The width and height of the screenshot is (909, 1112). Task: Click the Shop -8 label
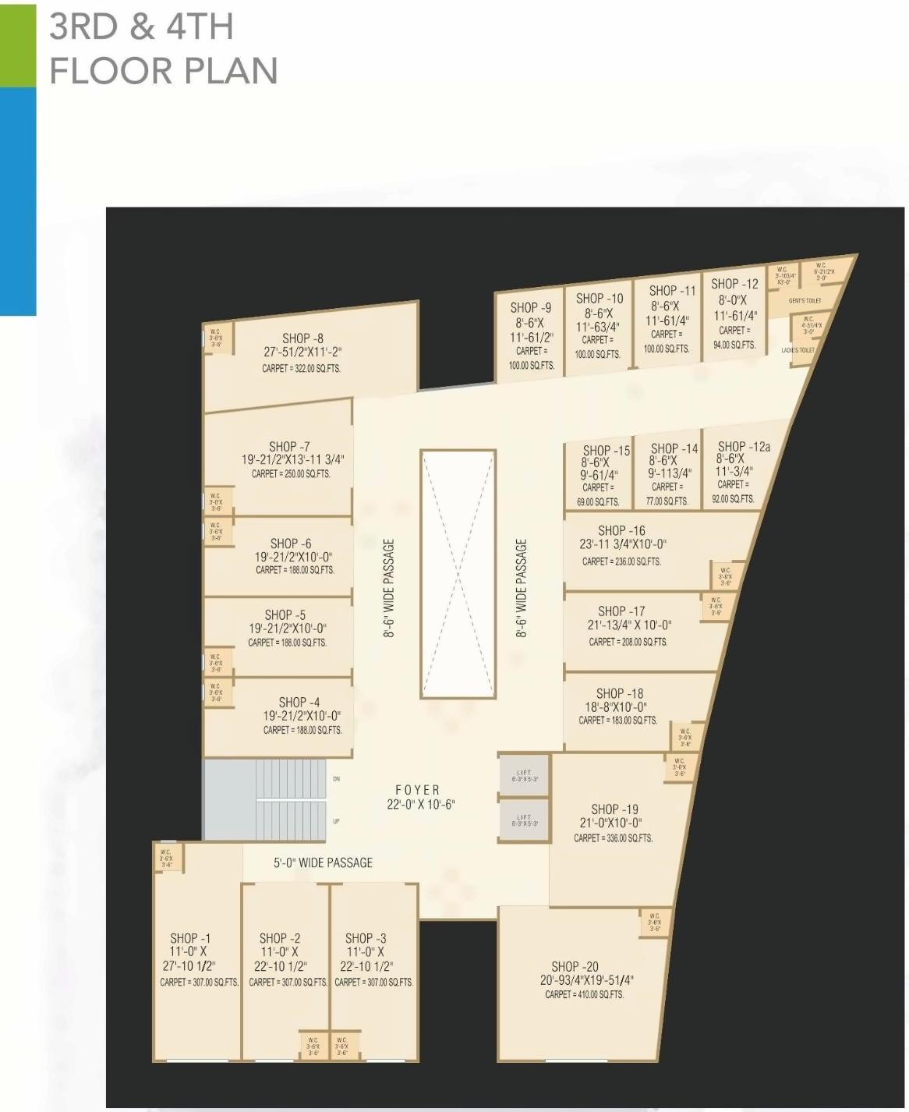coord(302,338)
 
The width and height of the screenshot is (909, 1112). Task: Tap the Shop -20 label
coord(575,966)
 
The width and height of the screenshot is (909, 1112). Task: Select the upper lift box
coord(524,776)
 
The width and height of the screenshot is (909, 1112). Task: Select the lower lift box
coord(524,820)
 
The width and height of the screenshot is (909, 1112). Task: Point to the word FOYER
coord(417,790)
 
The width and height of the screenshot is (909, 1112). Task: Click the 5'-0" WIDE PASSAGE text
coord(323,862)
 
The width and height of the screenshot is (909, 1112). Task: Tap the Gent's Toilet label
coord(805,300)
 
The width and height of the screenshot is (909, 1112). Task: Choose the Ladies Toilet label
coord(798,350)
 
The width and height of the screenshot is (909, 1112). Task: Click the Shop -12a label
coord(743,447)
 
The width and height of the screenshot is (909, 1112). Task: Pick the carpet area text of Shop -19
coord(613,838)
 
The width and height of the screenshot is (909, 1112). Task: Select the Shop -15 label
coord(606,451)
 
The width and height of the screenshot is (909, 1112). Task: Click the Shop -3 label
coord(365,938)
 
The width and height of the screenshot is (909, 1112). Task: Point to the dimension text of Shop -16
coord(622,544)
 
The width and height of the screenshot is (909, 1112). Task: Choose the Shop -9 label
coord(530,308)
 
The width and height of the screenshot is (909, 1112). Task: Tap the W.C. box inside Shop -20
coord(655,923)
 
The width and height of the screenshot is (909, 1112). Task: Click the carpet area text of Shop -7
coord(291,474)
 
